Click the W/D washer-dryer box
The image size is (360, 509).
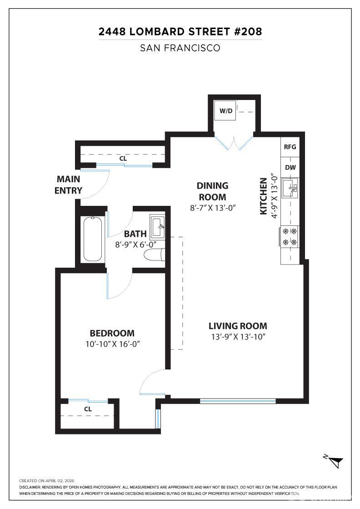tap(225, 110)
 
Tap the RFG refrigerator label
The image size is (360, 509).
tap(290, 147)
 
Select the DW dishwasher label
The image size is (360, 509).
tap(290, 168)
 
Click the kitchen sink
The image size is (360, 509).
tap(290, 188)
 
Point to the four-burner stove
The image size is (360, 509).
tap(289, 237)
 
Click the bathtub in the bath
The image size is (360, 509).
tap(93, 239)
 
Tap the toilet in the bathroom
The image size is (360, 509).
tap(155, 255)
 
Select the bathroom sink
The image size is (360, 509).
tap(158, 227)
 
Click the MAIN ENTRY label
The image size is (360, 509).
tap(68, 185)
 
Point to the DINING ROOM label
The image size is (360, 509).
tap(212, 191)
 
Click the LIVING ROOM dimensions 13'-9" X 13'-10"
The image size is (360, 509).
tap(238, 337)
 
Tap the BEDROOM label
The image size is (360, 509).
tap(112, 333)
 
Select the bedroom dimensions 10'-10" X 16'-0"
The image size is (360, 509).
tap(112, 344)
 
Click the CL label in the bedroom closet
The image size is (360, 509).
tap(88, 409)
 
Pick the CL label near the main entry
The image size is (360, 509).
tap(123, 159)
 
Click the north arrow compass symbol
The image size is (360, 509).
tap(335, 461)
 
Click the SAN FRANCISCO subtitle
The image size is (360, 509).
tap(180, 48)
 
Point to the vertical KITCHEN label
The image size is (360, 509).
tap(263, 196)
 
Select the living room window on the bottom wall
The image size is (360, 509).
tap(238, 401)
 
